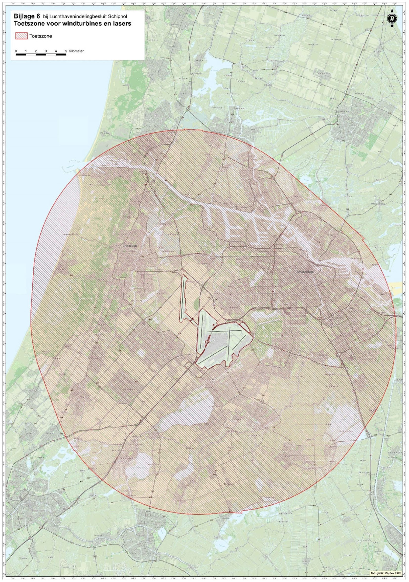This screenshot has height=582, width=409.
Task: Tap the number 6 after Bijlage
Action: (38, 16)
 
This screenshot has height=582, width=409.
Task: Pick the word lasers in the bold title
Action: (122, 23)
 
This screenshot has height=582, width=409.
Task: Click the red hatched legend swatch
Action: (21, 36)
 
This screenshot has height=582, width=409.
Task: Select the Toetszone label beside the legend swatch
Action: (41, 36)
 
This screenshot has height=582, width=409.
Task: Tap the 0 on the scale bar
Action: (16, 51)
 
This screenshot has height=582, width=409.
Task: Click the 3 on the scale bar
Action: (46, 51)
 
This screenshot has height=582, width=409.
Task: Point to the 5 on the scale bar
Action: (66, 51)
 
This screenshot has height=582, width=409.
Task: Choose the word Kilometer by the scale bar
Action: (76, 51)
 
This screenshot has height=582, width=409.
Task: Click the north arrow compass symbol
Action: (392, 18)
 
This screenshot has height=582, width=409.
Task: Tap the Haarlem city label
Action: (131, 246)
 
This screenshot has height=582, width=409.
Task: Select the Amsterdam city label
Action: (305, 272)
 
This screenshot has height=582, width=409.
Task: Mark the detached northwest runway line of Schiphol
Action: (183, 298)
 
